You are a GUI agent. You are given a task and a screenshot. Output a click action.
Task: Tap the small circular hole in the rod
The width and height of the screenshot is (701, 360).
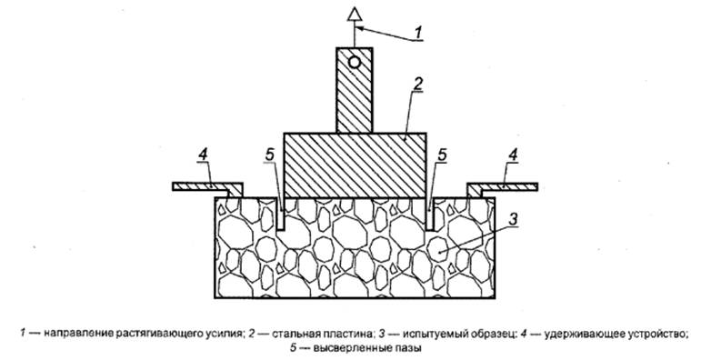pos(356,63)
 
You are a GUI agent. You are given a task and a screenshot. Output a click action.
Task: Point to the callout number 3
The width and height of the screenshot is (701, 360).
pos(514,219)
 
